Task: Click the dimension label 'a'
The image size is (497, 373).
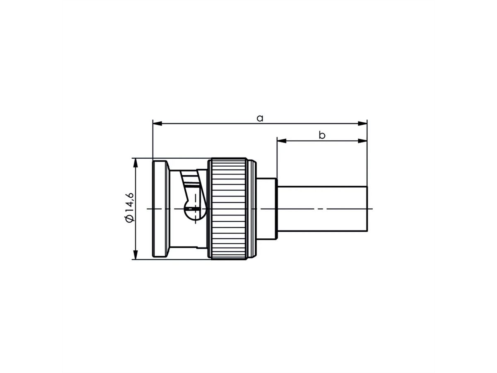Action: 260,118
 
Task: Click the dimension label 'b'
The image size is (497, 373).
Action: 322,135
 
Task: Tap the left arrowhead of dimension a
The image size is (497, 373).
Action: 157,124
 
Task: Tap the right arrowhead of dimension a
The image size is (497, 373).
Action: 362,124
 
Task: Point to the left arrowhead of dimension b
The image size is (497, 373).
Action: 282,141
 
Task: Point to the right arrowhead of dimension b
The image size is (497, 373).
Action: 362,141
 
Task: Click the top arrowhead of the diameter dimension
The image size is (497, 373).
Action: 135,163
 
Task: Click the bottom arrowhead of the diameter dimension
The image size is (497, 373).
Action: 135,255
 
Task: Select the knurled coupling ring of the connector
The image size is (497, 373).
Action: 229,208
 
